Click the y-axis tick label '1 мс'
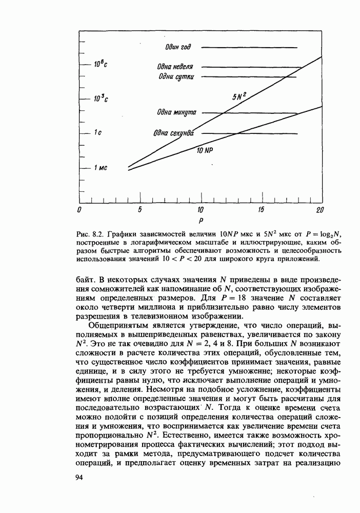[100, 168]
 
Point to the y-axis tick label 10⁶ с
[100, 65]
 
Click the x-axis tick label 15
[261, 210]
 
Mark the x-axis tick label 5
[139, 210]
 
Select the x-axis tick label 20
[320, 210]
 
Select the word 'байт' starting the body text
[84, 279]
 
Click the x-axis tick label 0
[79, 210]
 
